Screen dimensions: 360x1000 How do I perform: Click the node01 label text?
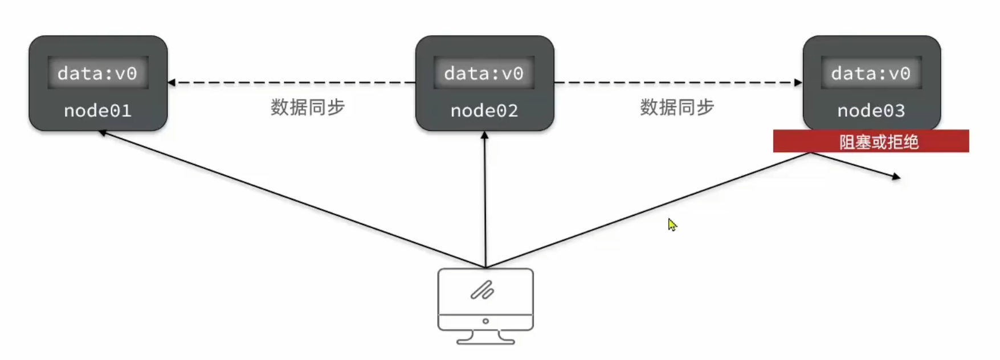(x=97, y=111)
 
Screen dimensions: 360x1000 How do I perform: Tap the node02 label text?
(x=484, y=111)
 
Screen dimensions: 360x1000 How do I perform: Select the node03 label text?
(x=871, y=111)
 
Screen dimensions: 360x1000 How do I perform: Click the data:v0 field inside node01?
(x=97, y=73)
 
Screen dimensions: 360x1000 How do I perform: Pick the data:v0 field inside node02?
(x=484, y=73)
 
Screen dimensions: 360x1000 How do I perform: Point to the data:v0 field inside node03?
(x=871, y=73)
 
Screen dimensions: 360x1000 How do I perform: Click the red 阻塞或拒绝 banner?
(x=871, y=141)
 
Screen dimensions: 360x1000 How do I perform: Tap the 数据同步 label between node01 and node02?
(x=308, y=107)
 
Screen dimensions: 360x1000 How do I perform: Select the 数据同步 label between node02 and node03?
(x=677, y=107)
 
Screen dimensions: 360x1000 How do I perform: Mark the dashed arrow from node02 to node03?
(x=678, y=83)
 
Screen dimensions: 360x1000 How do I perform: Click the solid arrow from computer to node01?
(x=291, y=199)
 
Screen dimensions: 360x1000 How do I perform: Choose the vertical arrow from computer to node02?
(x=485, y=199)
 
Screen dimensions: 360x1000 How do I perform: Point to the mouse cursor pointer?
(x=672, y=225)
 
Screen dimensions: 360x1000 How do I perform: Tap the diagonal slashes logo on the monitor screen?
(x=482, y=291)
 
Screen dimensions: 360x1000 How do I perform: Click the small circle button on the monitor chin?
(x=485, y=321)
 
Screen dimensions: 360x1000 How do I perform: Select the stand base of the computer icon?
(x=485, y=341)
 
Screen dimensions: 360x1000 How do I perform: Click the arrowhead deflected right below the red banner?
(x=896, y=177)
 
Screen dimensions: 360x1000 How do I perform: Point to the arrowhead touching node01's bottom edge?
(x=103, y=133)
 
